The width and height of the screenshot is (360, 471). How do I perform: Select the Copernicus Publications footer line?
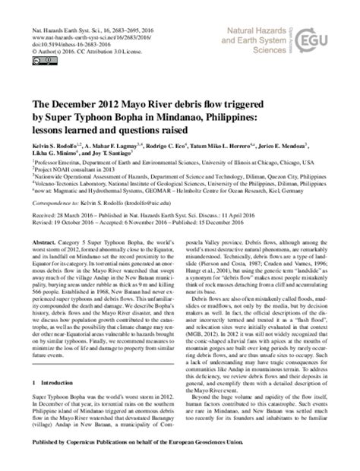(x=180, y=461)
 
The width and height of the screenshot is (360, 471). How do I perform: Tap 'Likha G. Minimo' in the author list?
(x=55, y=153)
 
